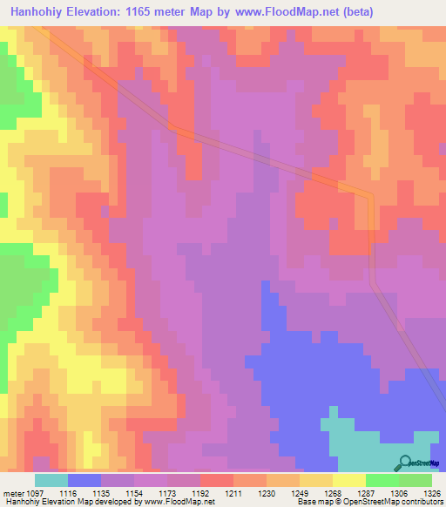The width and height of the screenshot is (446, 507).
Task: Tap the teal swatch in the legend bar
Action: tap(51, 480)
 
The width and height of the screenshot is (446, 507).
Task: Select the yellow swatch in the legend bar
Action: tap(348, 480)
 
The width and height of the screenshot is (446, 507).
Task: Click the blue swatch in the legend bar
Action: tap(84, 480)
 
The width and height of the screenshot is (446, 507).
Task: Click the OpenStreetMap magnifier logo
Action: tap(403, 463)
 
